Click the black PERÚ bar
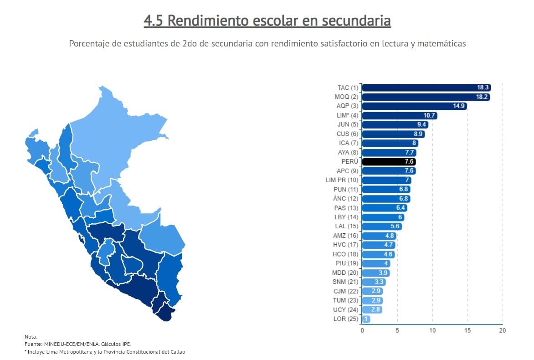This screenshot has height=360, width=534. (389, 162)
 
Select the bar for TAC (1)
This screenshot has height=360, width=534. (426, 87)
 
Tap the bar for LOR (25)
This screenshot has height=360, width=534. (366, 319)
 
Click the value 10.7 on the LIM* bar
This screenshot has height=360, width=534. (430, 116)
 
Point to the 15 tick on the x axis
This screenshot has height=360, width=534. (467, 330)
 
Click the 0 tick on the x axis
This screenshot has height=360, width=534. (362, 330)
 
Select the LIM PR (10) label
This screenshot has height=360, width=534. (342, 180)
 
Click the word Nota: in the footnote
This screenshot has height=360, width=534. (31, 336)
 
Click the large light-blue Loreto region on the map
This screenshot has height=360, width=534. (118, 132)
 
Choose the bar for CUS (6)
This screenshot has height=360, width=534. (393, 134)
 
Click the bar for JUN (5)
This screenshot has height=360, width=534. (395, 125)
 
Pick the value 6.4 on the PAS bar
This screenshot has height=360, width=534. (401, 208)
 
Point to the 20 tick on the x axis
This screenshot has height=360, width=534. (502, 330)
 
